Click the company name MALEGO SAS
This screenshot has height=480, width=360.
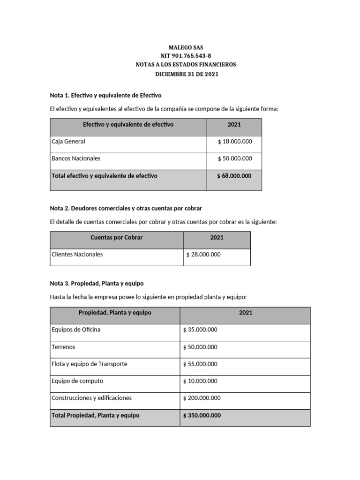(x=186, y=48)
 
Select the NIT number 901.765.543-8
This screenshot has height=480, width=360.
(x=186, y=56)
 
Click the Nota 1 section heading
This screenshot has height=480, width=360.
(x=105, y=95)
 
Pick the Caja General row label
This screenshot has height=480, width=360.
(x=68, y=141)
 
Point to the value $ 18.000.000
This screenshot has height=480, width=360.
(x=234, y=141)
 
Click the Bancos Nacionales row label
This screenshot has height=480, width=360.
(x=76, y=158)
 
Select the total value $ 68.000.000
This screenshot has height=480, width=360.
(x=234, y=176)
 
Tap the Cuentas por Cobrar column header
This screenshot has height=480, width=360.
(x=116, y=238)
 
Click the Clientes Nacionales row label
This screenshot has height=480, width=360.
(x=77, y=255)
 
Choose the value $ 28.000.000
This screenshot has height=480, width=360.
(x=203, y=255)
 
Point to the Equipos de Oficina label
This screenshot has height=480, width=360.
(x=76, y=330)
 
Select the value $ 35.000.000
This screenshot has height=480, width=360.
(x=200, y=330)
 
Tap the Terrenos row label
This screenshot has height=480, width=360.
(x=63, y=347)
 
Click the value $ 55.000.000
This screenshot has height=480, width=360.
(x=200, y=364)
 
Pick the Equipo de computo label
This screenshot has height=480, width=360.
(x=77, y=381)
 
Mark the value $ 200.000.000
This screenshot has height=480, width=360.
(x=202, y=398)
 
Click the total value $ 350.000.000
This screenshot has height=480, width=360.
(x=202, y=415)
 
